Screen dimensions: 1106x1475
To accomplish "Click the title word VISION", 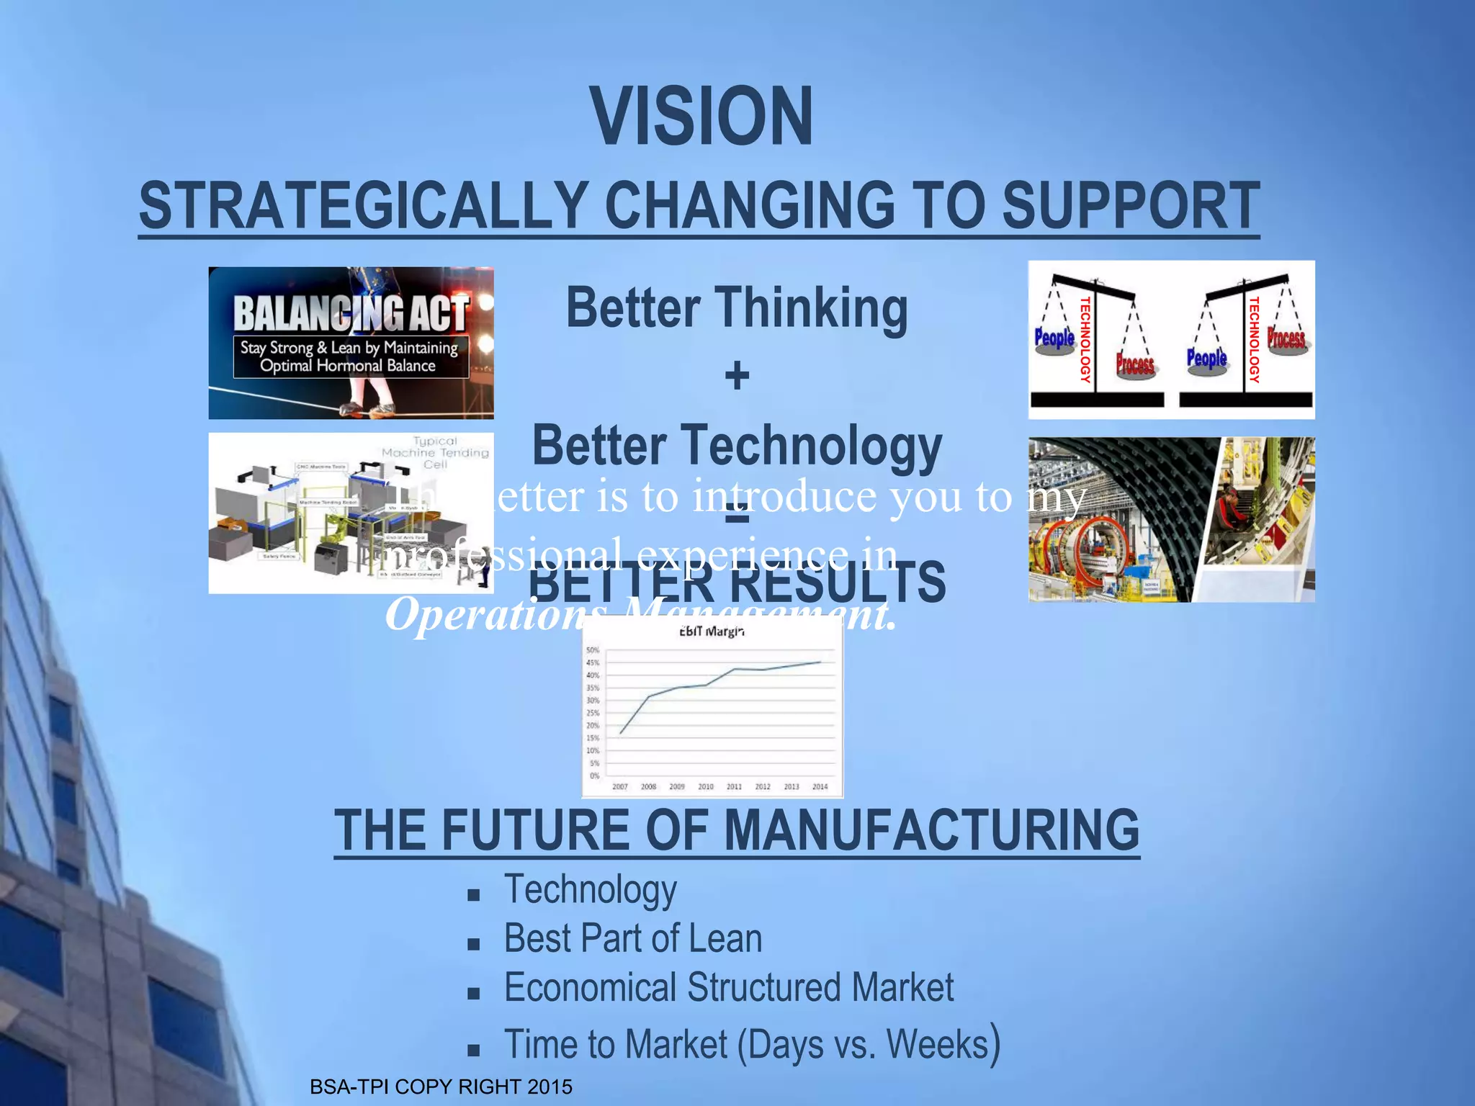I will pyautogui.click(x=702, y=117).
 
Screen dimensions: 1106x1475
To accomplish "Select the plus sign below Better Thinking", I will pyautogui.click(x=737, y=376).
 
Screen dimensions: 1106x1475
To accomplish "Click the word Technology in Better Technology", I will pyautogui.click(x=814, y=446).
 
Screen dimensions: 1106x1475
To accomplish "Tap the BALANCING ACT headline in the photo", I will pyautogui.click(x=351, y=314).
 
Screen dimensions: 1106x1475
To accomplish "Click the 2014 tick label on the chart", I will pyautogui.click(x=820, y=787).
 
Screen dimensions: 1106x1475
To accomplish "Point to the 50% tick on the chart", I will pyautogui.click(x=593, y=650).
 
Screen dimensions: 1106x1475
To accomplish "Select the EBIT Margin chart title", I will pyautogui.click(x=712, y=631).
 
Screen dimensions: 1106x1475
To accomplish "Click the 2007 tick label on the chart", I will pyautogui.click(x=620, y=787).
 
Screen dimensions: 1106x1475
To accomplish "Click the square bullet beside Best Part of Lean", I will pyautogui.click(x=473, y=944).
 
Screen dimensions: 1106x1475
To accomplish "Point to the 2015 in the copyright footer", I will pyautogui.click(x=550, y=1087).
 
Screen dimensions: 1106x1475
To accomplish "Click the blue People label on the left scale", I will pyautogui.click(x=1054, y=337).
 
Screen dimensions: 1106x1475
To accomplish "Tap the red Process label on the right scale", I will pyautogui.click(x=1286, y=337).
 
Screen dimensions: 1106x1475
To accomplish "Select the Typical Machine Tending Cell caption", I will pyautogui.click(x=435, y=452).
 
